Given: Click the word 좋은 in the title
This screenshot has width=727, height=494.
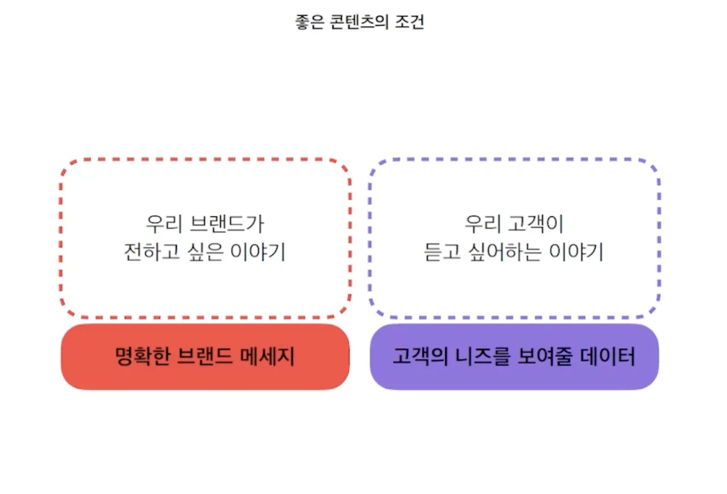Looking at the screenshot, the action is tap(310, 22).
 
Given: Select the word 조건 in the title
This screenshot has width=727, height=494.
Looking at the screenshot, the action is tap(409, 22).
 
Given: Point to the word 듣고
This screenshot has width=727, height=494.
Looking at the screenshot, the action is tap(442, 252).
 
